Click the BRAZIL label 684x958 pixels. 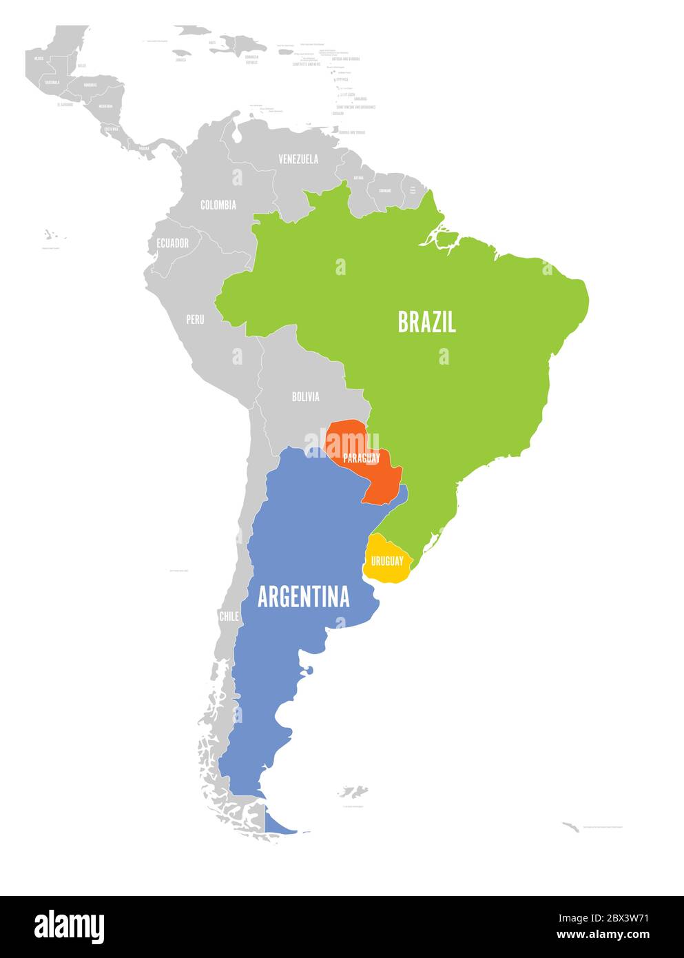[426, 322]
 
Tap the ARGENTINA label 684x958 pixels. [303, 597]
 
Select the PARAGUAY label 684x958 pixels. [362, 458]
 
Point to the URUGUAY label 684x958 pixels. [387, 561]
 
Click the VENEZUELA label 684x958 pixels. [298, 159]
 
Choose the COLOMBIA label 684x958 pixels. [218, 205]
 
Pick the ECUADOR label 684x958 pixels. [172, 243]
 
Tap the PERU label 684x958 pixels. [195, 320]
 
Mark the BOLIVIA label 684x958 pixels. [305, 396]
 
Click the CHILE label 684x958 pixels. [229, 616]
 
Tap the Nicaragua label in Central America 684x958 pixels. [105, 106]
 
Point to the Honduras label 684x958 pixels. [90, 84]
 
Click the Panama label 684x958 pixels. [144, 148]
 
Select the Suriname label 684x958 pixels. [385, 190]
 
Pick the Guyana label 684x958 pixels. [358, 178]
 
